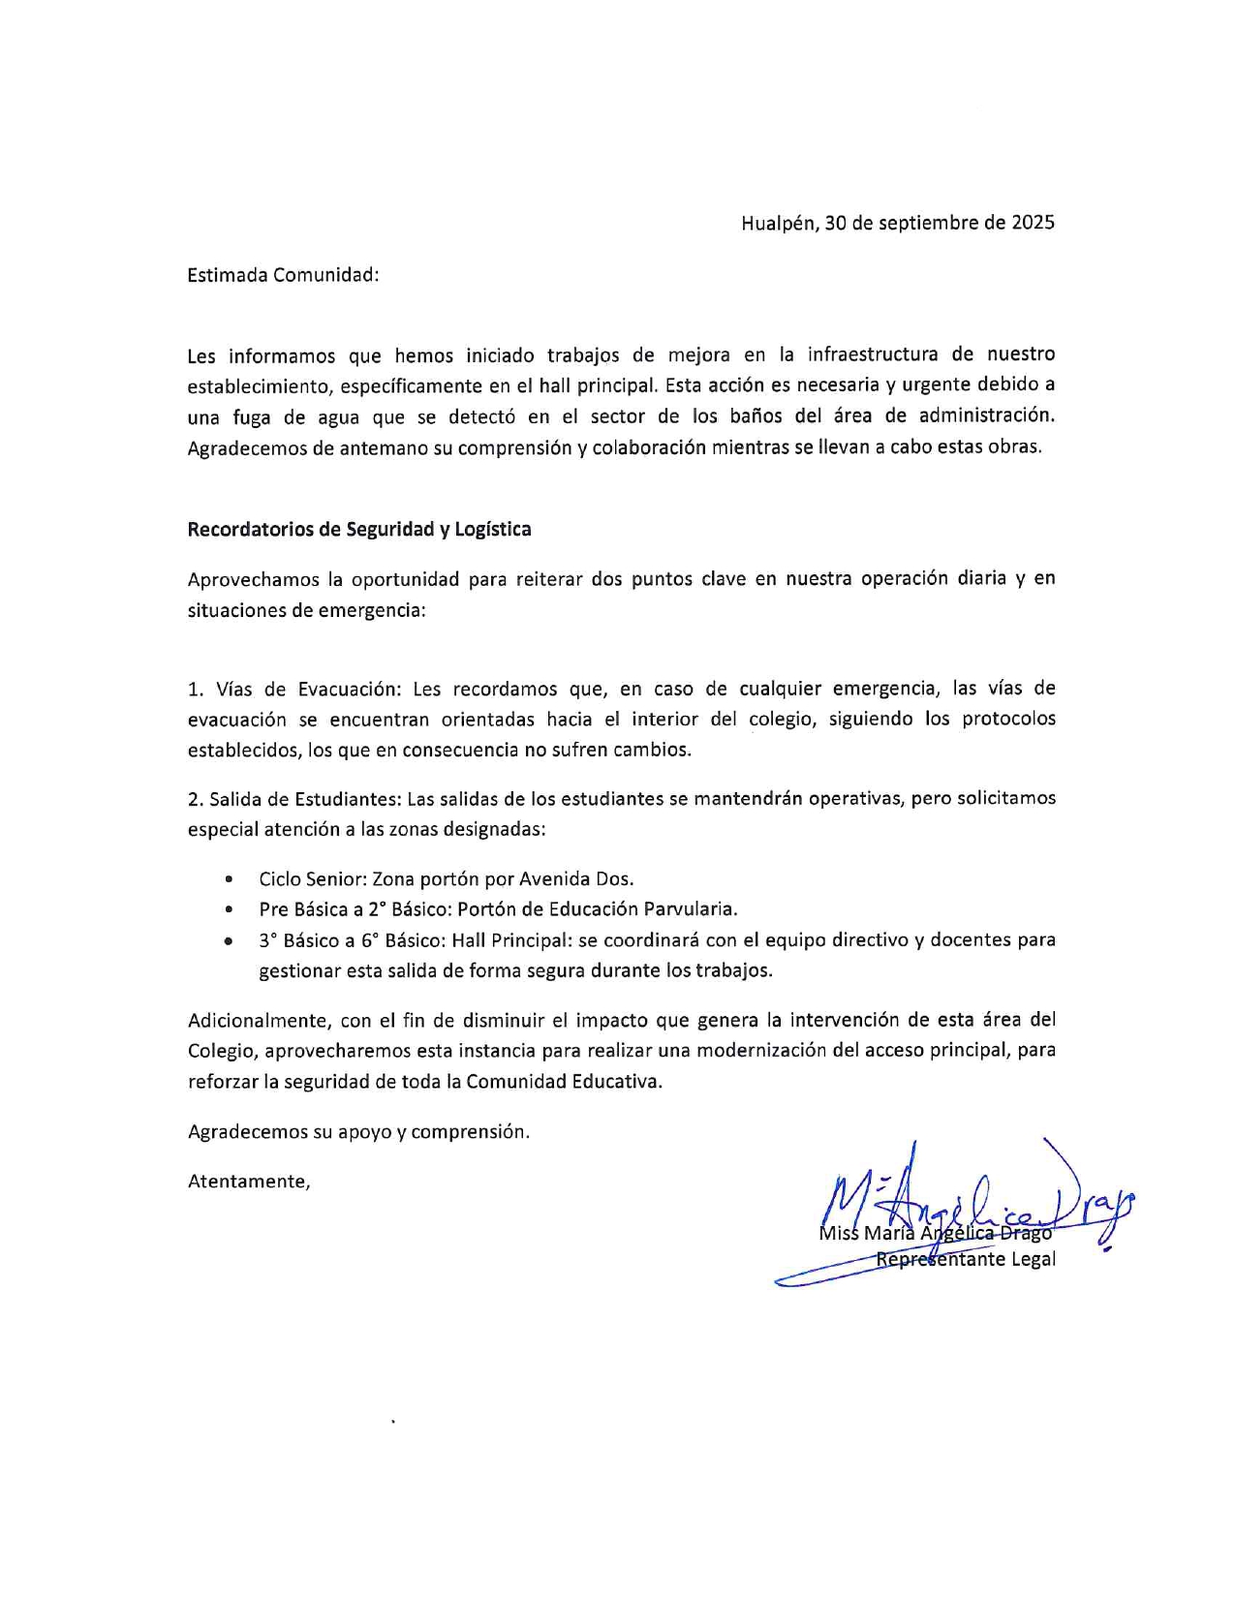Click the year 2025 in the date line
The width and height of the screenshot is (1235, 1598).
click(x=1033, y=223)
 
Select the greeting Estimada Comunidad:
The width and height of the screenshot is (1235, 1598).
click(x=283, y=275)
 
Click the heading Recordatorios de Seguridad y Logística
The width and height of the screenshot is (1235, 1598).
click(x=359, y=530)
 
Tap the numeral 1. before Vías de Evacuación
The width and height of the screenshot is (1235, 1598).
click(x=196, y=690)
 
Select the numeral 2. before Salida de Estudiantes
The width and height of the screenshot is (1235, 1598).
click(x=196, y=799)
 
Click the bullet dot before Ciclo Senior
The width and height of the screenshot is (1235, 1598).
click(x=229, y=880)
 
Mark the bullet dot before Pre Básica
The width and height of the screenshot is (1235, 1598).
click(x=229, y=910)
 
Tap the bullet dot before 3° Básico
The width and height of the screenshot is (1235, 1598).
click(x=229, y=940)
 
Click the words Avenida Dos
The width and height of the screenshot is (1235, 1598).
click(x=576, y=879)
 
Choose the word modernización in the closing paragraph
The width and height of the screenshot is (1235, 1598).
click(x=776, y=1051)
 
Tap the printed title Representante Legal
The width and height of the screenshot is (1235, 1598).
click(x=966, y=1260)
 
